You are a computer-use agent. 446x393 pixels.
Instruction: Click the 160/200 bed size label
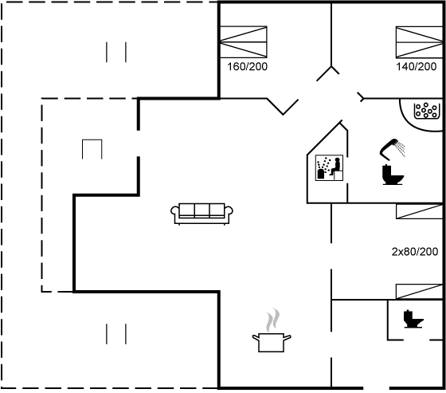[x=247, y=67]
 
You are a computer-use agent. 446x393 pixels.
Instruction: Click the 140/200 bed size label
[x=416, y=67]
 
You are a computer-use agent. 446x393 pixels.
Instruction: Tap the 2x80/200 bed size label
[x=415, y=252]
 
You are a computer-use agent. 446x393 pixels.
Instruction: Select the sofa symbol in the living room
[x=201, y=214]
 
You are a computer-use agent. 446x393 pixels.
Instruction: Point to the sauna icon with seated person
[x=329, y=167]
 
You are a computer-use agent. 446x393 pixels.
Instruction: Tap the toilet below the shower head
[x=393, y=175]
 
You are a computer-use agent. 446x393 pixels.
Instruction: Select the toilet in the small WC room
[x=413, y=319]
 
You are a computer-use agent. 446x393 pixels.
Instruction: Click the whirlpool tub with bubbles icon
[x=425, y=111]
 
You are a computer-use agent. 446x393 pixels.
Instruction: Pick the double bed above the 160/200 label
[x=244, y=42]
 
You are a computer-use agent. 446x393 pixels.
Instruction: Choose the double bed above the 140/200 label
[x=419, y=42]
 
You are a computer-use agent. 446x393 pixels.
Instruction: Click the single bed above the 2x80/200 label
[x=420, y=211]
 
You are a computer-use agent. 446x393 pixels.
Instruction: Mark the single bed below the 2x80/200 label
[x=420, y=292]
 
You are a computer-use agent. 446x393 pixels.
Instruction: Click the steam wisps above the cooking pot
[x=272, y=320]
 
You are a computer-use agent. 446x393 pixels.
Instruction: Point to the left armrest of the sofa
[x=174, y=211]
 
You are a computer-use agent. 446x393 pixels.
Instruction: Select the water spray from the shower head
[x=401, y=148]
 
